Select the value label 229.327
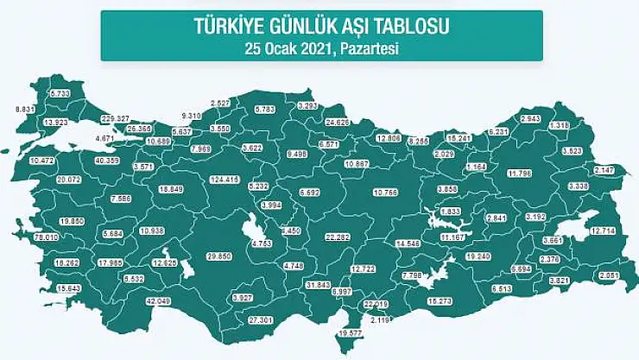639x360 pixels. pyautogui.click(x=115, y=118)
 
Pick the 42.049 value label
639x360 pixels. pyautogui.click(x=158, y=300)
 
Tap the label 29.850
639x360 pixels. pyautogui.click(x=223, y=257)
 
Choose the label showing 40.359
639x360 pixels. pyautogui.click(x=108, y=161)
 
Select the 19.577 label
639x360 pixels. pyautogui.click(x=350, y=333)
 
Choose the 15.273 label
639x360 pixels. pyautogui.click(x=442, y=300)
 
